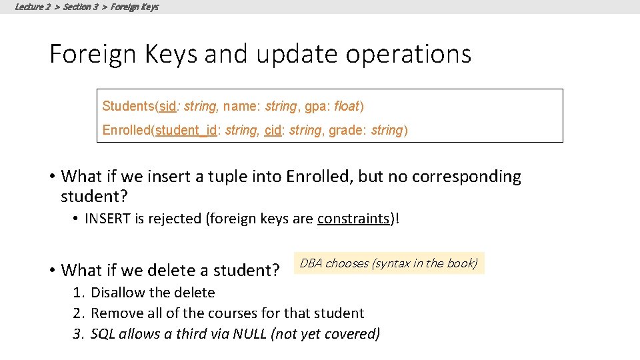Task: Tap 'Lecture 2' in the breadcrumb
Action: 33,7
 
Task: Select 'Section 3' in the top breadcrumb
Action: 81,7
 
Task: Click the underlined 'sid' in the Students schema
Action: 168,106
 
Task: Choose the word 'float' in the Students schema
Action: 347,106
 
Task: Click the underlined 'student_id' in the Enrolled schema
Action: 186,130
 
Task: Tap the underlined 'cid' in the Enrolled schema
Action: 273,130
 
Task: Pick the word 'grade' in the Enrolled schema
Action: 345,130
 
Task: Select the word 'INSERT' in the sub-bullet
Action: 107,219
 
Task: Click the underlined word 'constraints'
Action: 353,219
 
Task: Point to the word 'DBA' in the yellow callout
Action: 311,263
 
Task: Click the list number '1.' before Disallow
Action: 79,293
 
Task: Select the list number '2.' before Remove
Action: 79,313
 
